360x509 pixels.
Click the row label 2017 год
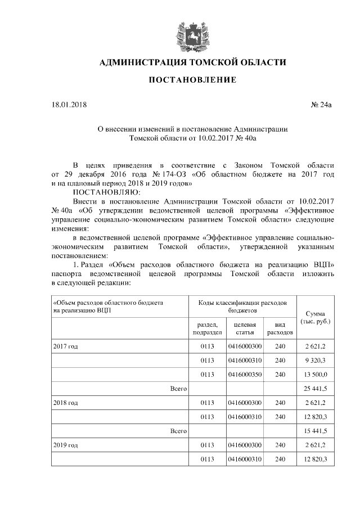pos(66,346)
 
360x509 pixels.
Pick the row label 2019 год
pos(66,445)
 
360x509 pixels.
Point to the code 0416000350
pos(245,375)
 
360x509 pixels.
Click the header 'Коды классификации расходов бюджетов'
pos(242,307)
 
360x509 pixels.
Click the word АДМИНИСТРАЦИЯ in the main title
pos(138,62)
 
